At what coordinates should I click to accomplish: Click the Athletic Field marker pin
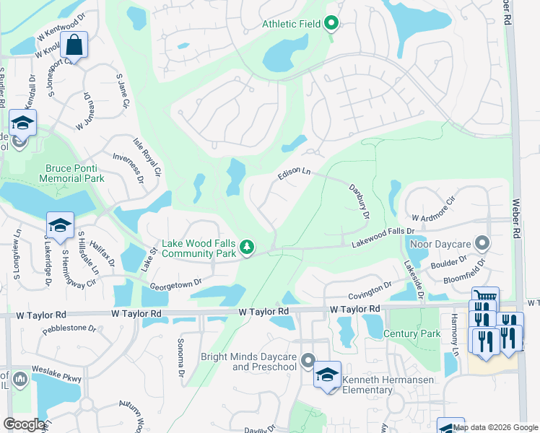point(331,25)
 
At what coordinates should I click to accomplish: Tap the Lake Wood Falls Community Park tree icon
point(247,248)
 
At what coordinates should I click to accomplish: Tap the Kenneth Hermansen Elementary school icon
point(327,375)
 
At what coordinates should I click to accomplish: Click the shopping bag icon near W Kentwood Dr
point(74,46)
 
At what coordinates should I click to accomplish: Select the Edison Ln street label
point(294,174)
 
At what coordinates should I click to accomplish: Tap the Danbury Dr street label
point(359,201)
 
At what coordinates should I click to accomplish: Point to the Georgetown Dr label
point(172,283)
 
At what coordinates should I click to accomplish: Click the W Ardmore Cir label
point(435,209)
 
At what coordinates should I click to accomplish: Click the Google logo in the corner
point(23,424)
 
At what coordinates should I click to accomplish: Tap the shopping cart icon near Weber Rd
point(485,297)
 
